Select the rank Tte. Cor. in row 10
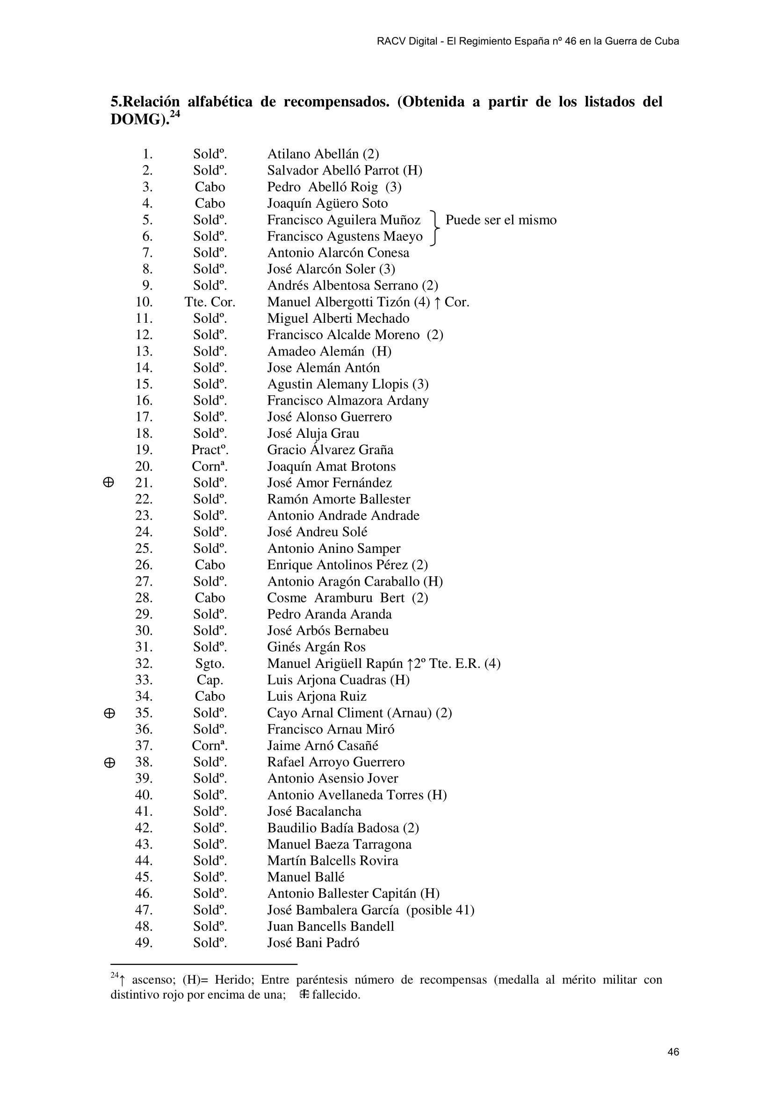tap(210, 302)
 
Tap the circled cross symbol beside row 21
tap(108, 483)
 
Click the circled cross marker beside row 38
tap(109, 762)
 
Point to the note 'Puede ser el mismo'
tap(500, 220)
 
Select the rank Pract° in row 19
tap(210, 450)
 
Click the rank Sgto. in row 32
tap(210, 664)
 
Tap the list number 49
tap(144, 943)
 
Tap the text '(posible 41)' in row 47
tap(440, 910)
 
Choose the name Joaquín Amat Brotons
tap(332, 466)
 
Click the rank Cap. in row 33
tap(210, 680)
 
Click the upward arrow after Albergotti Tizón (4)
tap(438, 302)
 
